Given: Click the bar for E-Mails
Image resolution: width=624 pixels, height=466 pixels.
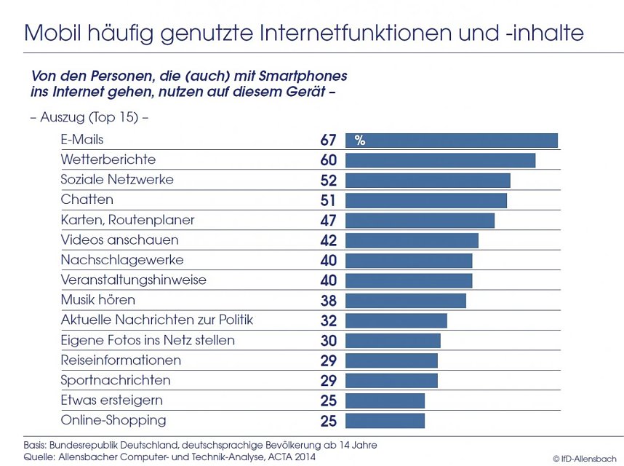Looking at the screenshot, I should [x=451, y=141].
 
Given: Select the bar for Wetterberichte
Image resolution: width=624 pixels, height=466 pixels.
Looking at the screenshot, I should [x=440, y=160].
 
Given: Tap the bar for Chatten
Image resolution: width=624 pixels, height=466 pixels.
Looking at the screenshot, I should [x=425, y=200].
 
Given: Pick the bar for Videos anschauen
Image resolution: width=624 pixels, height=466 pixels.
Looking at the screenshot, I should [x=412, y=240].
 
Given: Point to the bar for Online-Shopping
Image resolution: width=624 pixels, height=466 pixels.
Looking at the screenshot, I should [x=385, y=421].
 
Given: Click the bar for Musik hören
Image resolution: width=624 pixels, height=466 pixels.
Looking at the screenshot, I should [x=405, y=301].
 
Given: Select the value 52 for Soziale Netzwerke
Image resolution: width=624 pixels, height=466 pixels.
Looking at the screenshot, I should [x=328, y=180].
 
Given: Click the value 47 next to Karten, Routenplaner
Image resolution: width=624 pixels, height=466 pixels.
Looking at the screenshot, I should [x=328, y=220].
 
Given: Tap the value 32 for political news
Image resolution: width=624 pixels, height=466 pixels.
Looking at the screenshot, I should [x=328, y=320].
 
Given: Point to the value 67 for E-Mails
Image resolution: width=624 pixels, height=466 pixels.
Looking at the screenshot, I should [x=328, y=140].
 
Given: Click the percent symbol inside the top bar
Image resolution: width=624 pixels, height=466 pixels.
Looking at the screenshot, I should [x=359, y=141].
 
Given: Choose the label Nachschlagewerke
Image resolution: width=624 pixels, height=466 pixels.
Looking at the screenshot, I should [x=122, y=260].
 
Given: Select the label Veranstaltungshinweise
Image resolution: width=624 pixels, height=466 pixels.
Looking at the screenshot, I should [x=134, y=280].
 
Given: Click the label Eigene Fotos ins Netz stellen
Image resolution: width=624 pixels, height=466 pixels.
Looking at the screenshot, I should [x=148, y=340].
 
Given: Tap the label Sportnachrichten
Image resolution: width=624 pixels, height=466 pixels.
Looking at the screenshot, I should [x=116, y=380].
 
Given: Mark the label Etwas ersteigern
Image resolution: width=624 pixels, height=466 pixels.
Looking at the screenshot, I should [x=112, y=400].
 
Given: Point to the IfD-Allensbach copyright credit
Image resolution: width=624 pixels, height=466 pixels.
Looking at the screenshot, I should [x=584, y=458].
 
